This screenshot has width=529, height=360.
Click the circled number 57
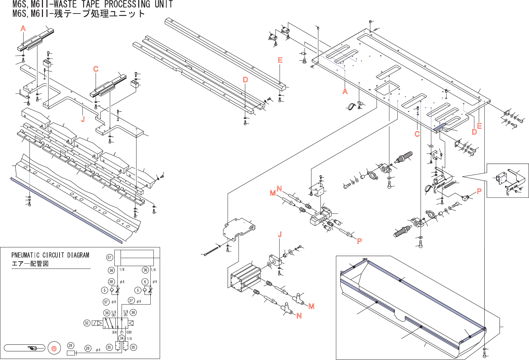click(x=109, y=257)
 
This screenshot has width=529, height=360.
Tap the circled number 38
click(x=111, y=282)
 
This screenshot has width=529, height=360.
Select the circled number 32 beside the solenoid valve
click(x=87, y=323)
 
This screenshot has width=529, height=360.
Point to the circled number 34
click(x=121, y=338)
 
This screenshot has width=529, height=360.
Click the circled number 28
click(x=70, y=345)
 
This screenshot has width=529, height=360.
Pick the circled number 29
click(x=88, y=348)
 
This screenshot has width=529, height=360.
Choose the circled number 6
click(x=145, y=282)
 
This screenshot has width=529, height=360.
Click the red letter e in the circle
click(x=54, y=348)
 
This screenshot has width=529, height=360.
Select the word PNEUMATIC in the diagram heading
click(x=26, y=255)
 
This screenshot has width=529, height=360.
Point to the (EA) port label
click(x=115, y=332)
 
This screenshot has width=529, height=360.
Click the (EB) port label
click(x=129, y=332)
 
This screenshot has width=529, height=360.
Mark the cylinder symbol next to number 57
click(x=134, y=258)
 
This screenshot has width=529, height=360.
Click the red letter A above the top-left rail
click(x=23, y=28)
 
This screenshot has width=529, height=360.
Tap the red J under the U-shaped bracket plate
click(x=83, y=119)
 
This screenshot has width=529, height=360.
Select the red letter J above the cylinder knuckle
click(x=280, y=235)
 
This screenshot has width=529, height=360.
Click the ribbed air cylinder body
click(x=245, y=278)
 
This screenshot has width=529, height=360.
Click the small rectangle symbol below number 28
click(x=71, y=353)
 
